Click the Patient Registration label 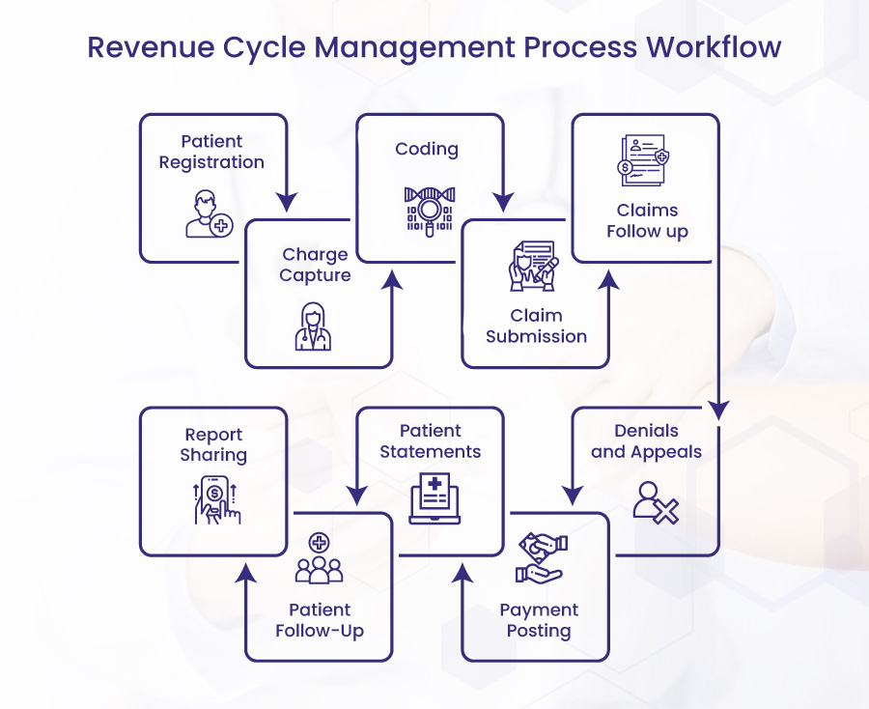(211, 152)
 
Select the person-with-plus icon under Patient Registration (209, 213)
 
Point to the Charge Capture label (315, 265)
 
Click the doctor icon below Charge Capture (313, 326)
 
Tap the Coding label (426, 149)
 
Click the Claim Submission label (536, 326)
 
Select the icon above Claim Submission (533, 266)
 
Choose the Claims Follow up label (647, 220)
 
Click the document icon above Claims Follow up (644, 160)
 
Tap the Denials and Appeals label (646, 440)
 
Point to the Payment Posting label (539, 620)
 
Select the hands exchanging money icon (541, 558)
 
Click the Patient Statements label (430, 440)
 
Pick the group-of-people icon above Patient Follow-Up (319, 559)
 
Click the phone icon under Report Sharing (215, 500)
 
